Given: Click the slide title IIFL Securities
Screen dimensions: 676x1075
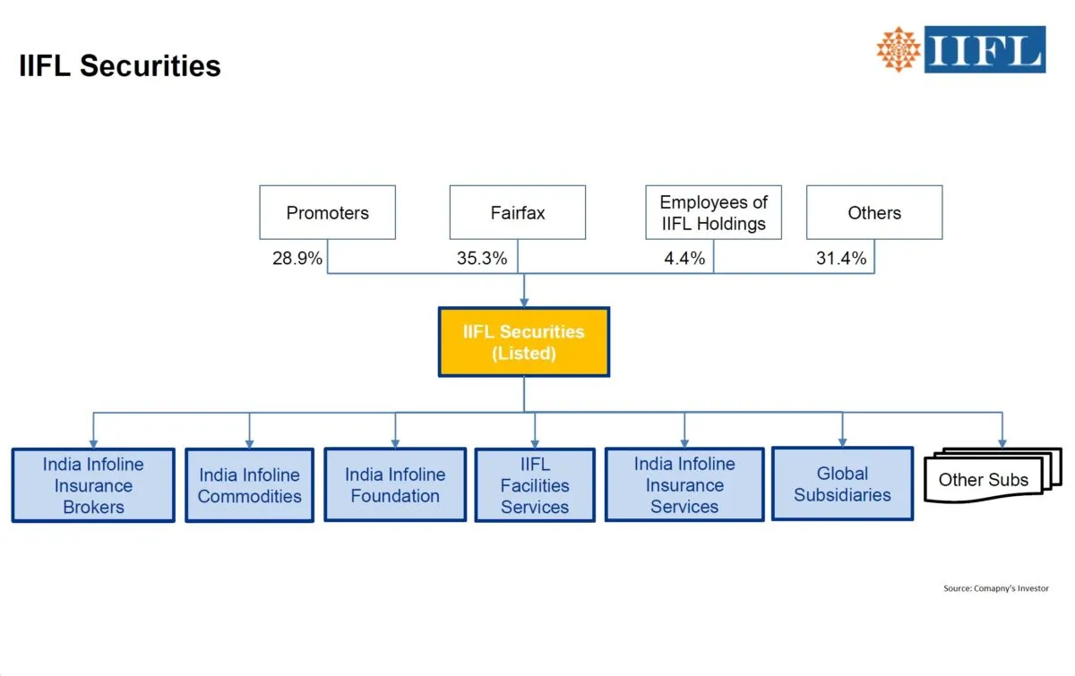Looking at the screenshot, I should click(120, 65).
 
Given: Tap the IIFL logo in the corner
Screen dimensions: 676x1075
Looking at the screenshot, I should click(960, 49).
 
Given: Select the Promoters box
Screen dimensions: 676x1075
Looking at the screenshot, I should click(327, 213).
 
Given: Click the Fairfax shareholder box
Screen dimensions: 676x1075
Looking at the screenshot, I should click(517, 213).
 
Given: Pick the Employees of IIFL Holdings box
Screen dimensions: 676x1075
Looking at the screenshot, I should click(713, 213).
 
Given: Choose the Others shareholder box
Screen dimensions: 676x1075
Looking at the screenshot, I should click(874, 213).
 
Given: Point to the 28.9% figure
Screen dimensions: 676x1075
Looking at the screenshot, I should click(297, 259).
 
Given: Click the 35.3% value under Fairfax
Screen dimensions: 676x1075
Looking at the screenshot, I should click(482, 259).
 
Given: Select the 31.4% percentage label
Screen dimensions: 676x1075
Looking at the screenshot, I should click(842, 259).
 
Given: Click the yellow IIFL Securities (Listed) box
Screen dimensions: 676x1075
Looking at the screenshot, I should click(523, 342).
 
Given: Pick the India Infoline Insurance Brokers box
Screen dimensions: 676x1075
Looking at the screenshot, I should click(93, 485).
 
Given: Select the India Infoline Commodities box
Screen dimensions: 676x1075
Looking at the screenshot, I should click(249, 485).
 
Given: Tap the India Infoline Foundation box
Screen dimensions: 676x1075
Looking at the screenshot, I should click(394, 484).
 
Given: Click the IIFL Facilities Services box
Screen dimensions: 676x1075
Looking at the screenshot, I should click(535, 485).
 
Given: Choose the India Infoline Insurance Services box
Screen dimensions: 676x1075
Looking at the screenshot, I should click(684, 484).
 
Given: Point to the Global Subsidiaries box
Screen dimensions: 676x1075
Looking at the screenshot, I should click(842, 483).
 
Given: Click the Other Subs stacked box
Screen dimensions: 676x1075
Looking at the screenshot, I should click(984, 480).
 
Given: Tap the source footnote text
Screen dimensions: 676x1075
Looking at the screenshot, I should click(995, 588).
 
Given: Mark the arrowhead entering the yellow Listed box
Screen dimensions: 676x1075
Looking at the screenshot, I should click(524, 302).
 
